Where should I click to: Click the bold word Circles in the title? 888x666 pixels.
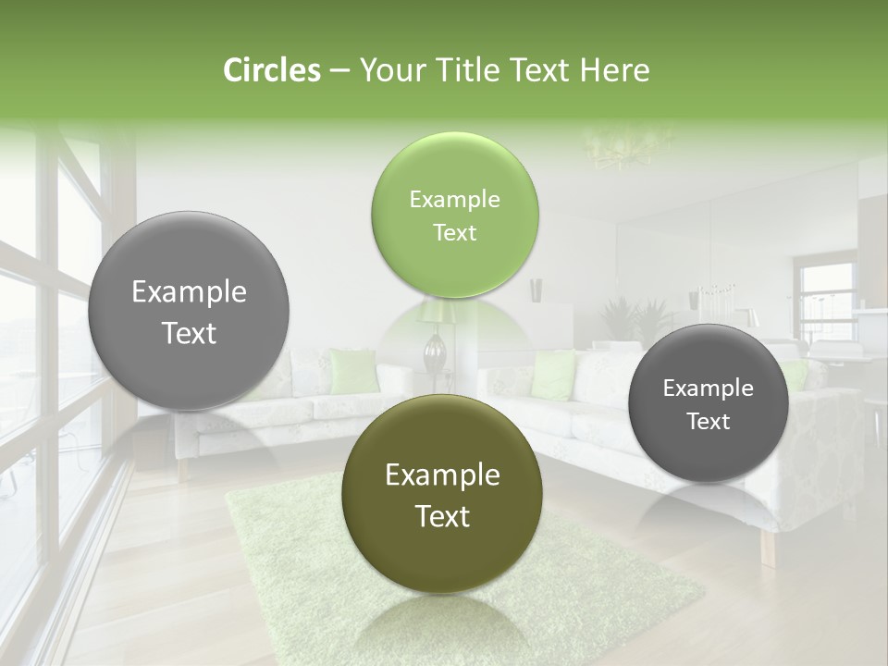tap(272, 70)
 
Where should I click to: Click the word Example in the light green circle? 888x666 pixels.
tap(454, 200)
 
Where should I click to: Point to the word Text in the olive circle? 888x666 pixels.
tap(442, 516)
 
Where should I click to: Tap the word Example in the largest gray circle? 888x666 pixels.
tap(189, 292)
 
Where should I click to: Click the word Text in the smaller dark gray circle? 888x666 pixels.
tap(708, 422)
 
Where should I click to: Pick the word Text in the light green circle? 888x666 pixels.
tap(454, 233)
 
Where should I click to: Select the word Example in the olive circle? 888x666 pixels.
tap(442, 475)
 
